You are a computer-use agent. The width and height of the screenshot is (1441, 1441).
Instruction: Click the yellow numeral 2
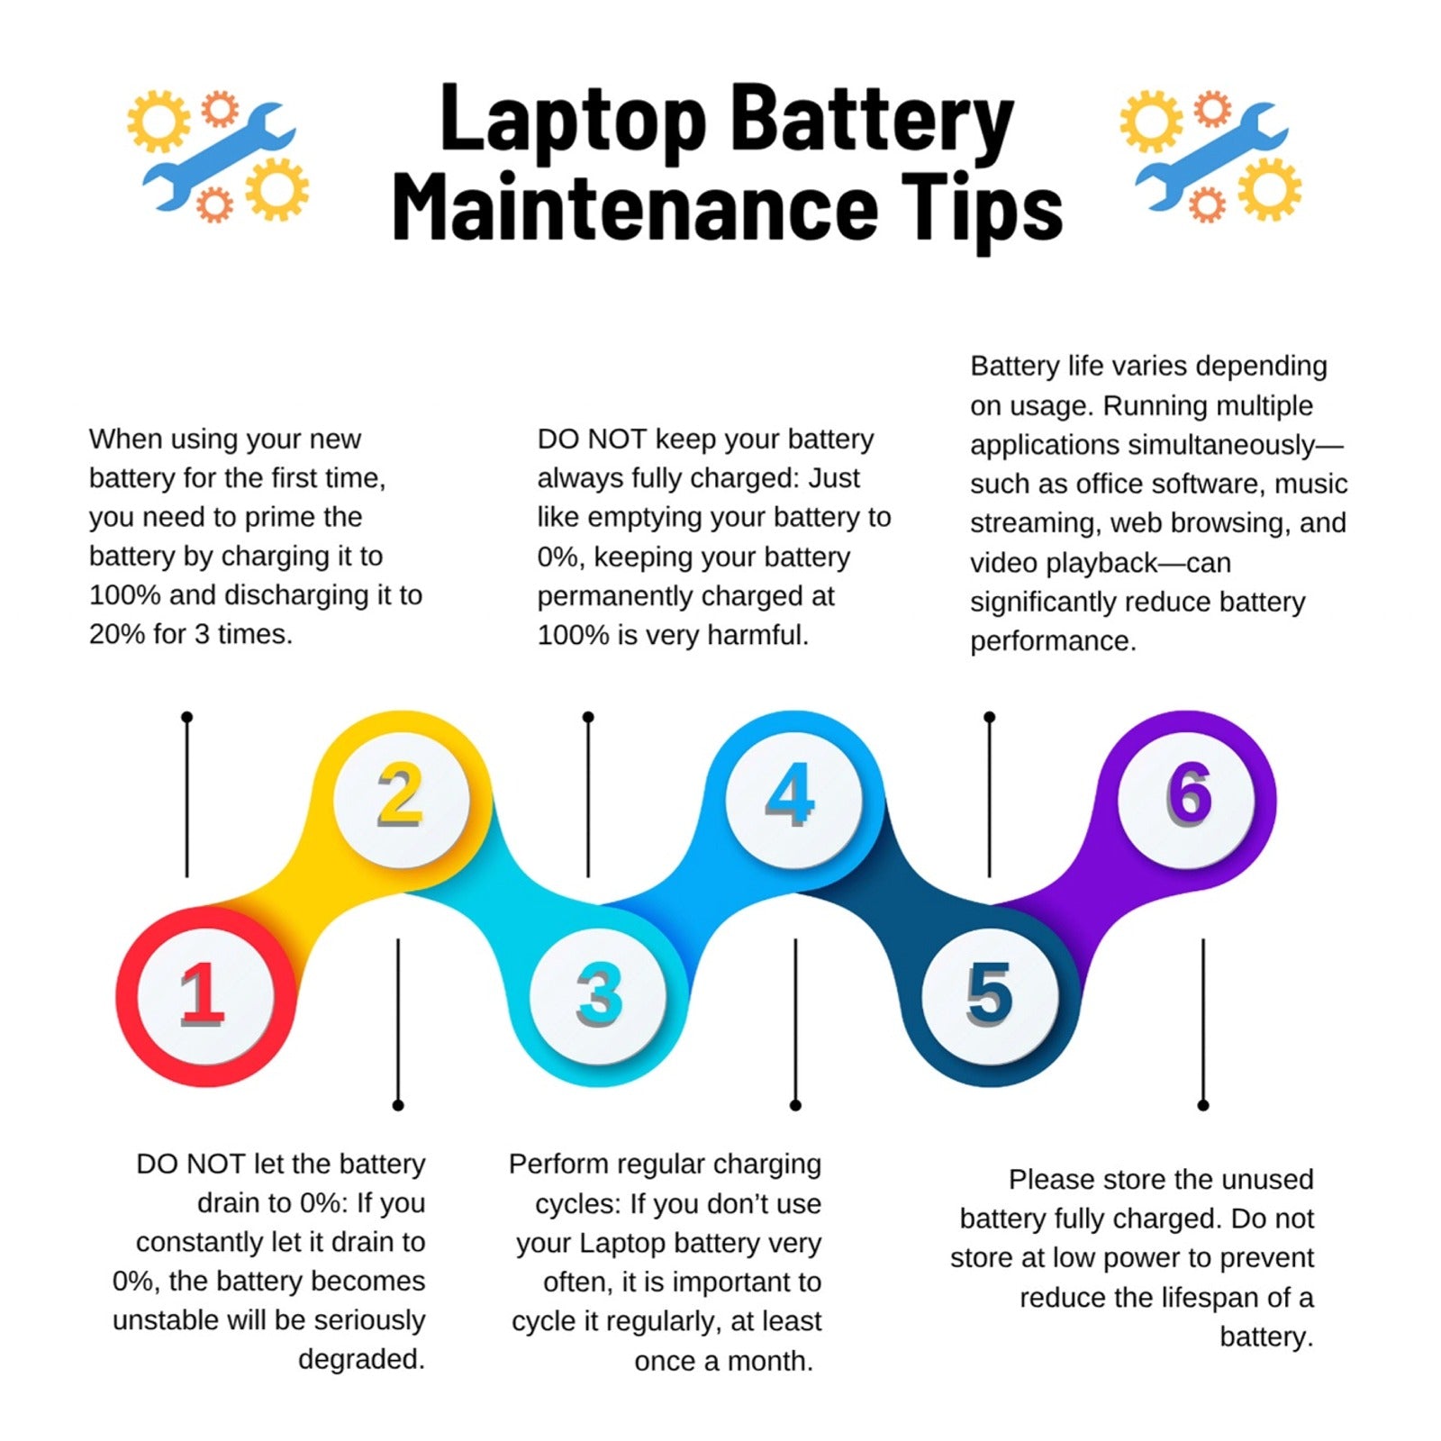click(x=401, y=793)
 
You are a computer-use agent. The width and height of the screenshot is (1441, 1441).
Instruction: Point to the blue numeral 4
click(x=791, y=793)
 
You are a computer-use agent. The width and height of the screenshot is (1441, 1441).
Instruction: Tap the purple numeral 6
click(x=1190, y=793)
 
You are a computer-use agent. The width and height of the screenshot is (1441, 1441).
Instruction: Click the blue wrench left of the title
click(x=219, y=155)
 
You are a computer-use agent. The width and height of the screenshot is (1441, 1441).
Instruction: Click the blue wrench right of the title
click(x=1211, y=155)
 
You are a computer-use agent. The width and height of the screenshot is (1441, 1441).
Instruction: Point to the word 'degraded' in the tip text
click(x=361, y=1359)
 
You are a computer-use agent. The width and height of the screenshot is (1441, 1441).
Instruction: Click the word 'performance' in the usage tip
click(x=1054, y=641)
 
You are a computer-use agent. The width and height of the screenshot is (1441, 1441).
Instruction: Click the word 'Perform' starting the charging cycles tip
click(x=555, y=1164)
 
